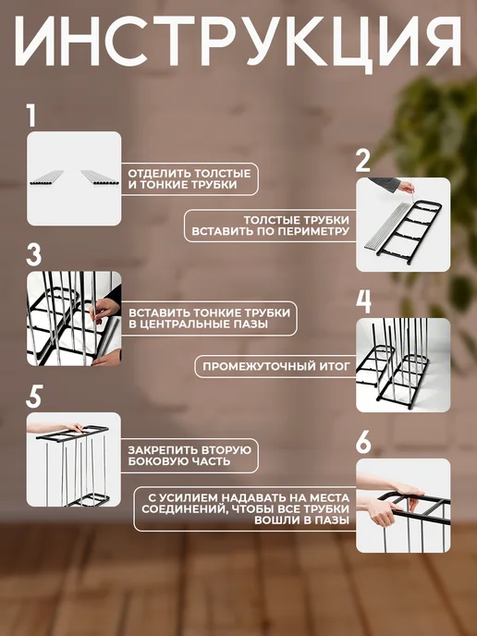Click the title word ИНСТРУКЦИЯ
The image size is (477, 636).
[x=238, y=43]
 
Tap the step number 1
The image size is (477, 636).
[x=31, y=116]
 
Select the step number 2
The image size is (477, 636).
[x=363, y=161]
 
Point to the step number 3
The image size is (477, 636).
[x=34, y=255]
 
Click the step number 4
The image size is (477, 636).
[x=364, y=301]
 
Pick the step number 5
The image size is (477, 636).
[x=34, y=397]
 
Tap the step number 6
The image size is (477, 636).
[x=363, y=442]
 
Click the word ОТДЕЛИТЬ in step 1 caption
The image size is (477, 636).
[x=159, y=174]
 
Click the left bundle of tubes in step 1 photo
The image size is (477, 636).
[x=46, y=177]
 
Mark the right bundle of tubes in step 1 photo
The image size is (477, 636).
[x=101, y=177]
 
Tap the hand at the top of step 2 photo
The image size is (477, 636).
[x=407, y=187]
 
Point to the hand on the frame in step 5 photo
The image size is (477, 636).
[x=74, y=427]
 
